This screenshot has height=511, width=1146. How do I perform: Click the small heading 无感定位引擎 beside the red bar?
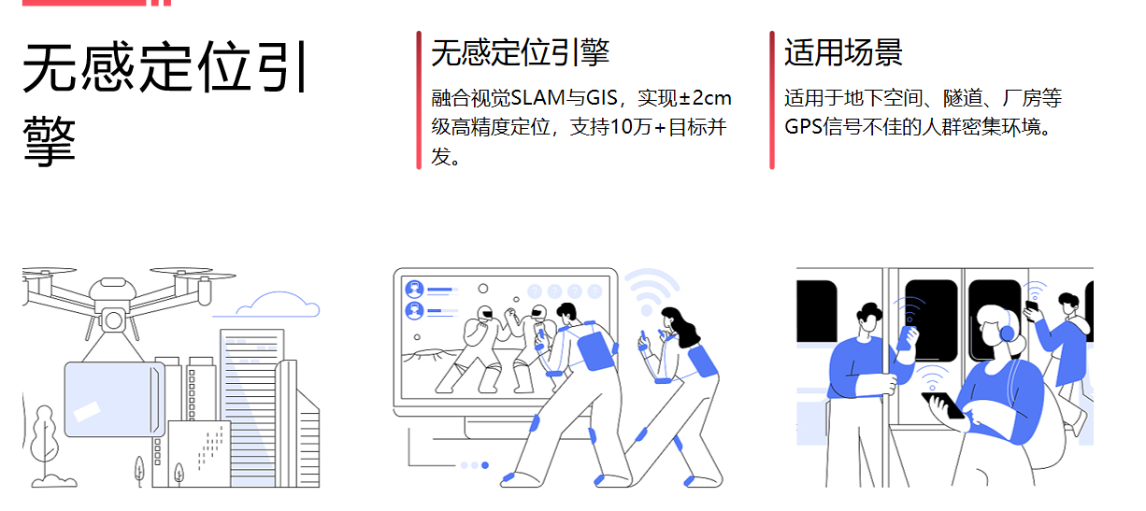point(520,53)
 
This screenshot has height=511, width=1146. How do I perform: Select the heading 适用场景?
point(843,53)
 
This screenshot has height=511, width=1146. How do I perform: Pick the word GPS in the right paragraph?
point(802,127)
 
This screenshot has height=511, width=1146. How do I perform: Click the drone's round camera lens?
point(114,320)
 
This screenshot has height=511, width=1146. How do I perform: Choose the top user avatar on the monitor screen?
point(414,289)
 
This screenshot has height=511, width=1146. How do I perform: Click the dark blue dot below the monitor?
point(484,464)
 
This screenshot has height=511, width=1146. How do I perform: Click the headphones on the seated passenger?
point(1006,330)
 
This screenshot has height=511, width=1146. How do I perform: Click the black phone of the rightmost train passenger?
point(1032,305)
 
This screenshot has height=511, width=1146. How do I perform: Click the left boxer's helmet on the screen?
point(483,314)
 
